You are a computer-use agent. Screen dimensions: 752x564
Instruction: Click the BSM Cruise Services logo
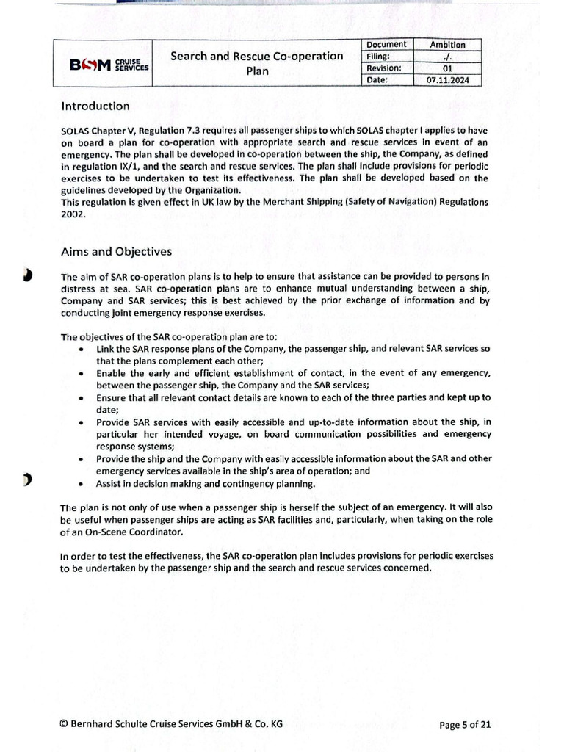coord(109,65)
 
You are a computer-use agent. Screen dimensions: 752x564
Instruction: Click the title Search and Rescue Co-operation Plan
coord(257,64)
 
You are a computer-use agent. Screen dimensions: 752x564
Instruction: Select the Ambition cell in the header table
coord(446,45)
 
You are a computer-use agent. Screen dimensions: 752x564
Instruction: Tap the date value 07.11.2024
coord(446,81)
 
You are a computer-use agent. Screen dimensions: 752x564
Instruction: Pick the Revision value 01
coord(446,68)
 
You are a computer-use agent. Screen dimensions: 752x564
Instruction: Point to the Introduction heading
coord(95,106)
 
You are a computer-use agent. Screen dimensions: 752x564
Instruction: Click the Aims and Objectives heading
coord(116,252)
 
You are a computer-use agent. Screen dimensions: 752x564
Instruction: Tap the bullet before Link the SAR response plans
coord(79,349)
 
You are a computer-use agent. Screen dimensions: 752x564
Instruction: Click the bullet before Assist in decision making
coord(79,484)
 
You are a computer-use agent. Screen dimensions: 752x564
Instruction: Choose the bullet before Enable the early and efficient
coord(79,374)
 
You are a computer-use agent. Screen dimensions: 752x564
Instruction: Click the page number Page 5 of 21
coord(465,724)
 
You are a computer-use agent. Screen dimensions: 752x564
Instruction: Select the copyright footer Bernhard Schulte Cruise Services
coord(170,724)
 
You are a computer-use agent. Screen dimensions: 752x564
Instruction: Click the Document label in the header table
coord(386,45)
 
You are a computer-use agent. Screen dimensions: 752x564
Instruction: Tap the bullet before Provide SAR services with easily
coord(79,423)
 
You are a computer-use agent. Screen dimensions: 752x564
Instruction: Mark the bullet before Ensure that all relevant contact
coord(79,398)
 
